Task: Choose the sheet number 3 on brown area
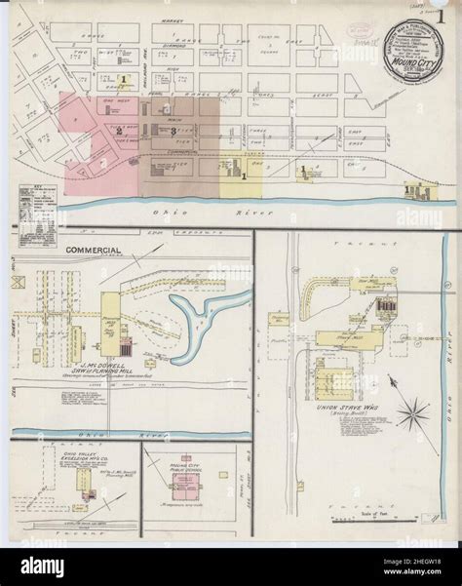coord(173,130)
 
